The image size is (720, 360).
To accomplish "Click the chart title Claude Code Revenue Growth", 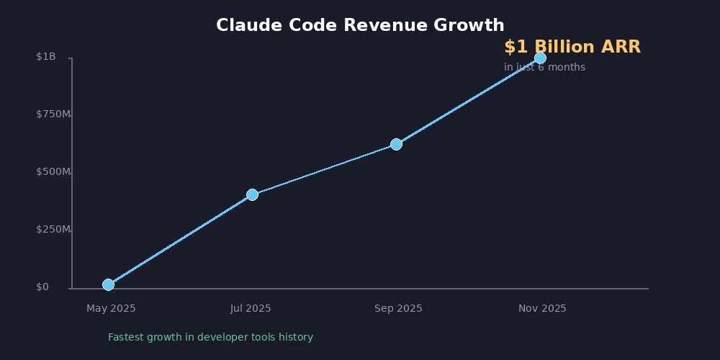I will [x=360, y=25].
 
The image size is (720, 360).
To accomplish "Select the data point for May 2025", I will [x=108, y=284].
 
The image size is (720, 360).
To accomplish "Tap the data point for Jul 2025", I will [x=252, y=194].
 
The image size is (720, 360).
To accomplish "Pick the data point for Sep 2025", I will [x=396, y=144].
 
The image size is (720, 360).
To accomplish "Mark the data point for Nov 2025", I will [x=540, y=58].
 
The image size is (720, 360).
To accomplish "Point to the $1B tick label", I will [x=46, y=57].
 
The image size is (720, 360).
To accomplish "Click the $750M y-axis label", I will [x=53, y=114].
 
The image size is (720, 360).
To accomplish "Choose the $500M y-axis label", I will [x=53, y=172].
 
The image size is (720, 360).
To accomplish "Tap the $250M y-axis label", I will [x=53, y=230].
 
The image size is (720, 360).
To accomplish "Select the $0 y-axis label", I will [x=42, y=287].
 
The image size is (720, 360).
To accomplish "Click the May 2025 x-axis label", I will [x=111, y=308].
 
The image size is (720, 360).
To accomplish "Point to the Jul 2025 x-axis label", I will [x=251, y=308].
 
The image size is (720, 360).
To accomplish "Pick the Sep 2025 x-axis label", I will [x=398, y=308].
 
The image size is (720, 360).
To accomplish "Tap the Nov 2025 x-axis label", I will [x=542, y=308].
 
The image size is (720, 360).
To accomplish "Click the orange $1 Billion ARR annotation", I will [x=572, y=48].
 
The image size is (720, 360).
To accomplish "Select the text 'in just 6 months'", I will [x=544, y=68].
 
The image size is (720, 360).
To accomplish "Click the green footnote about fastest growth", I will [x=210, y=337].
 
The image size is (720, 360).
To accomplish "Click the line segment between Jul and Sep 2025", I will [x=324, y=169].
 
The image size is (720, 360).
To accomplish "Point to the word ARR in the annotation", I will [x=621, y=48].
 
